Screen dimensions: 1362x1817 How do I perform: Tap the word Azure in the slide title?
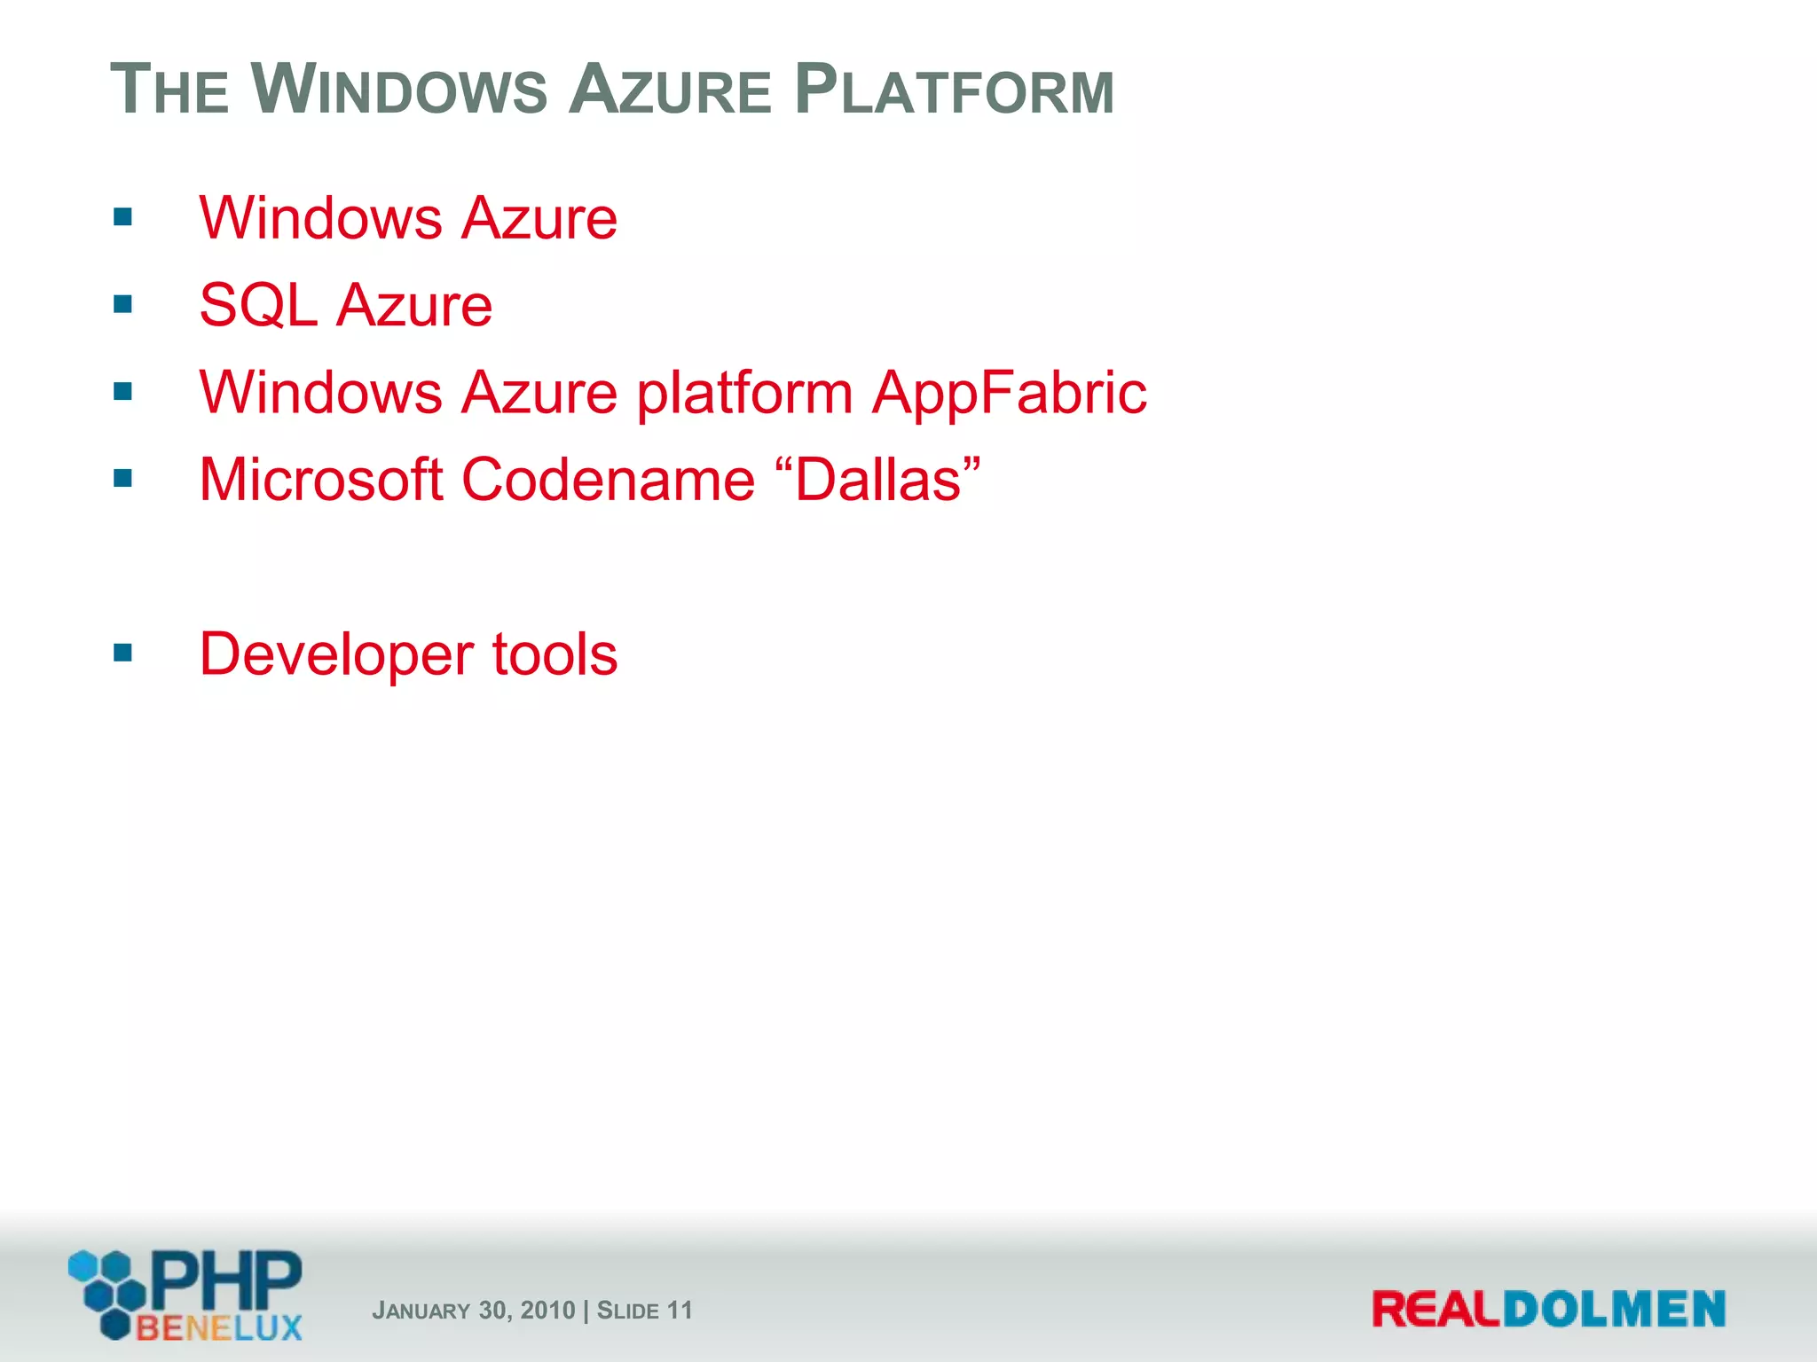pos(671,90)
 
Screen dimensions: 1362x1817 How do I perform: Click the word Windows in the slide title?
pos(400,90)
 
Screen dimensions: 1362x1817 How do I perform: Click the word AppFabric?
pos(1009,392)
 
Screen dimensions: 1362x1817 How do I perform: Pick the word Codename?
pos(609,480)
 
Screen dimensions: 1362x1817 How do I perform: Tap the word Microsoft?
pos(321,480)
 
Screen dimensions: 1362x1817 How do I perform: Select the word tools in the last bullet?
pos(555,654)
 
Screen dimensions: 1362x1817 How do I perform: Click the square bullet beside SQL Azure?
pos(123,305)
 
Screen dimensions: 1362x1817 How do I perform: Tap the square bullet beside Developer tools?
pos(123,654)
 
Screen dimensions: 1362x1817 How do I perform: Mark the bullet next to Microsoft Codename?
pos(123,480)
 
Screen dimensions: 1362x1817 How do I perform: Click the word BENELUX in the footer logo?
pos(219,1327)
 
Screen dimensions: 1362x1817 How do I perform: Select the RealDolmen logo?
pos(1548,1309)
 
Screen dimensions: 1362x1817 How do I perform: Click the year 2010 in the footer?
pos(547,1311)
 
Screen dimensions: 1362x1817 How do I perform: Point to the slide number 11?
pos(679,1311)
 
